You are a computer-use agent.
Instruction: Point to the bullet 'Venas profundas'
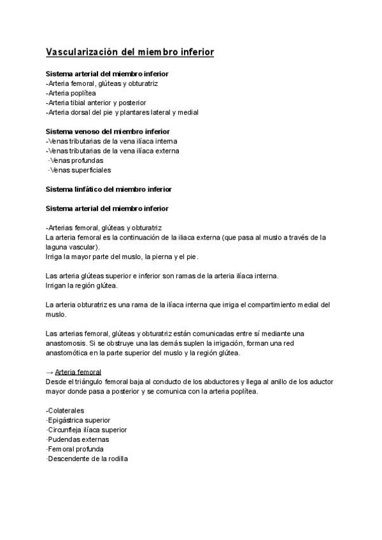click(x=76, y=160)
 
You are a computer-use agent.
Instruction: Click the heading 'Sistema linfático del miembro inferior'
click(x=108, y=189)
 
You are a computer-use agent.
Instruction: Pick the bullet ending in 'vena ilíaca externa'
click(x=112, y=151)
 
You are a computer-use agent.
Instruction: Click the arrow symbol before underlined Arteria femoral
click(x=50, y=372)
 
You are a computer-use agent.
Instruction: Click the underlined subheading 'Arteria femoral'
click(x=78, y=372)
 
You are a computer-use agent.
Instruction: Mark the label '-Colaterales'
click(x=65, y=410)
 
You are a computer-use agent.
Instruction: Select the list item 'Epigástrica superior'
click(x=78, y=420)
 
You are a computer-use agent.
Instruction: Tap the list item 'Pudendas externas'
click(x=77, y=439)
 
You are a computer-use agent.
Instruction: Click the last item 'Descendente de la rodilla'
click(x=87, y=458)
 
